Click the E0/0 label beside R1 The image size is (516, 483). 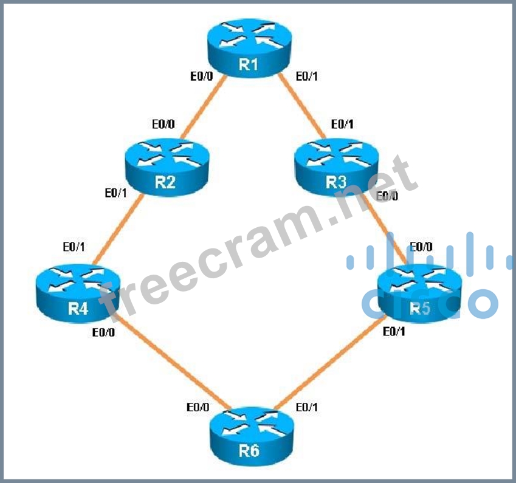coord(202,77)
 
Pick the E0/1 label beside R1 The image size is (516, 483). coord(306,77)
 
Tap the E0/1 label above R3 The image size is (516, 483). coord(342,124)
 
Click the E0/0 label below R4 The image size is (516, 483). coord(103,332)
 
